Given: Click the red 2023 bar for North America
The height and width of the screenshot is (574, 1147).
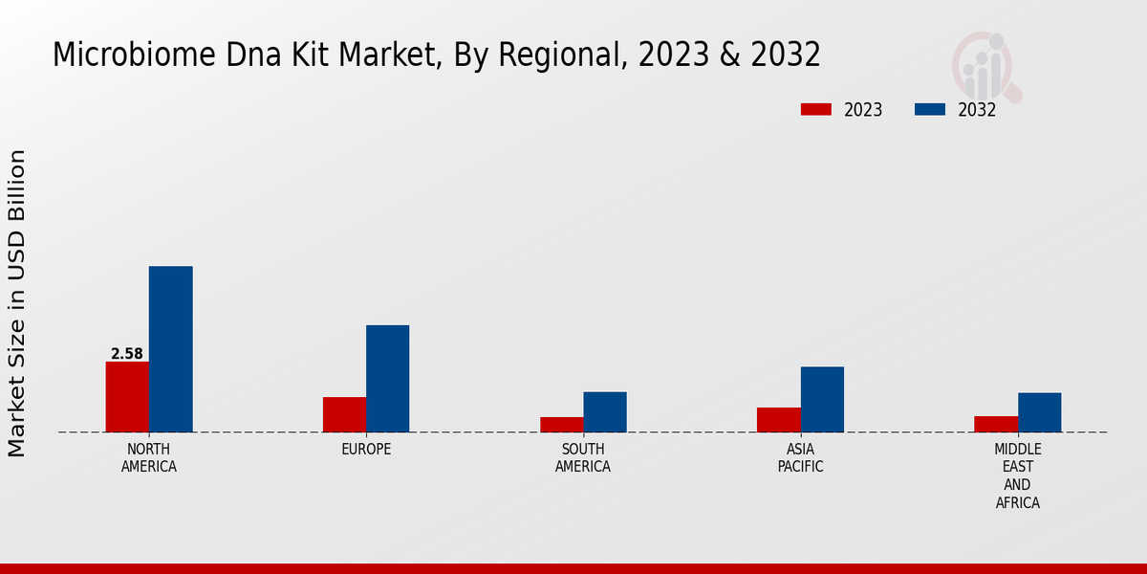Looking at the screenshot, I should click(127, 397).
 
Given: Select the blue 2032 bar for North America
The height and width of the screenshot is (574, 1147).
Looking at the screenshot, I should click(170, 349).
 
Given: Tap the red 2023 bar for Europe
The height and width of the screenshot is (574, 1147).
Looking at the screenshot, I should click(344, 414).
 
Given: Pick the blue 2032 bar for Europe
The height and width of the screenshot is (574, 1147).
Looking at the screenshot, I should click(387, 379).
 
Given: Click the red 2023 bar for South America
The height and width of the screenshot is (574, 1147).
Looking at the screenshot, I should click(561, 425).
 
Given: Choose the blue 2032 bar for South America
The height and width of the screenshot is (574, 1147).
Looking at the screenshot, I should click(605, 412).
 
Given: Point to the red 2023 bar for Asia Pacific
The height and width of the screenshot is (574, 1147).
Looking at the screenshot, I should click(778, 420).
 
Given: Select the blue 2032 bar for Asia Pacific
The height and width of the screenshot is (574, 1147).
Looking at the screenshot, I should click(822, 399).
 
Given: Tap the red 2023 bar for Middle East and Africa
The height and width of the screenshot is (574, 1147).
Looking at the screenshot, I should click(996, 424).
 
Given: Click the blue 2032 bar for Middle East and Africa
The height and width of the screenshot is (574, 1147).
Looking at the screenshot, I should click(1039, 412).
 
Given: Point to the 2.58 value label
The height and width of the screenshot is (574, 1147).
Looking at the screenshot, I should click(127, 354).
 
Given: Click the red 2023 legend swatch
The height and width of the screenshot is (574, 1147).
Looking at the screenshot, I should click(815, 109).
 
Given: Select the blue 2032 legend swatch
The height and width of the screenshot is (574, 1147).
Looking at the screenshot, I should click(929, 109).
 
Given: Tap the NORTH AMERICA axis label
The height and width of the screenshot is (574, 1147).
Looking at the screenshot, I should click(149, 458).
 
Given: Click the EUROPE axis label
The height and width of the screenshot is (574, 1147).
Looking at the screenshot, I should click(366, 449).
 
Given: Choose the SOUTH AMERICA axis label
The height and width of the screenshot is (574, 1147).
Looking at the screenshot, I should click(583, 458).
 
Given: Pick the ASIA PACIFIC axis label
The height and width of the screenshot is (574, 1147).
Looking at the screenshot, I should click(800, 458).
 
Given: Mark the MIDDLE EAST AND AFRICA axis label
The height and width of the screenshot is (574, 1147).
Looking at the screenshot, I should click(1018, 475).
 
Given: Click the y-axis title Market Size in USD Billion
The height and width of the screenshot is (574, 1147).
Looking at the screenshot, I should click(17, 302).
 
